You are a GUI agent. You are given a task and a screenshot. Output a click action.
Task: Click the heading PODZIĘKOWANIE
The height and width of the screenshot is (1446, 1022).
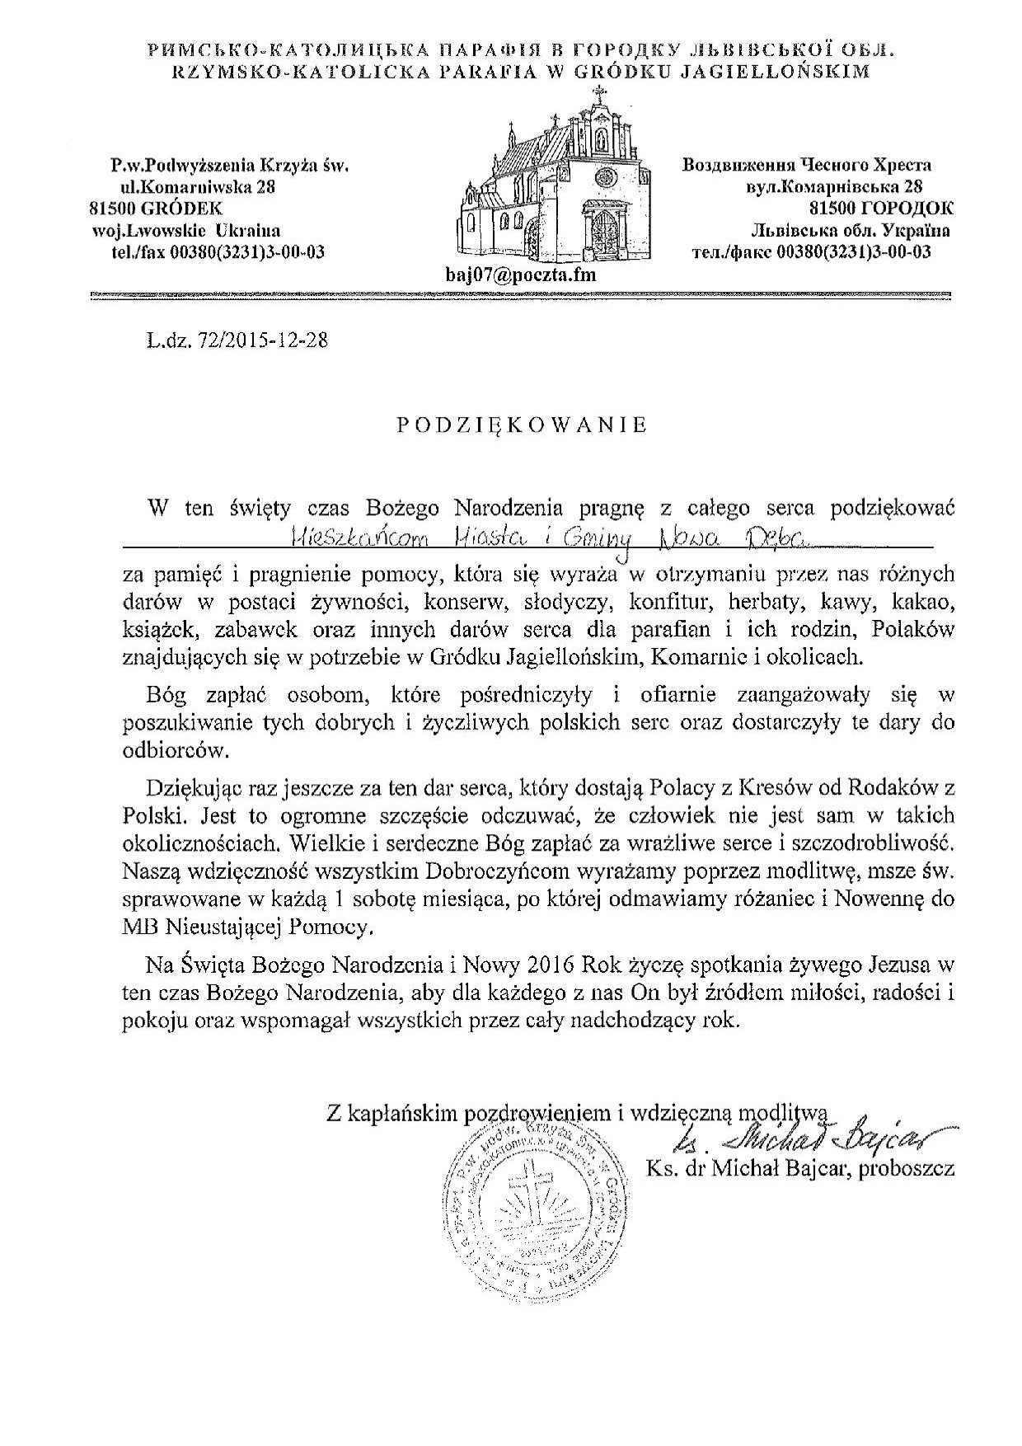(522, 425)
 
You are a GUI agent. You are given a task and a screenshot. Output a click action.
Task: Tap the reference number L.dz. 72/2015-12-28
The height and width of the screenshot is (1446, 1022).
(233, 340)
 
